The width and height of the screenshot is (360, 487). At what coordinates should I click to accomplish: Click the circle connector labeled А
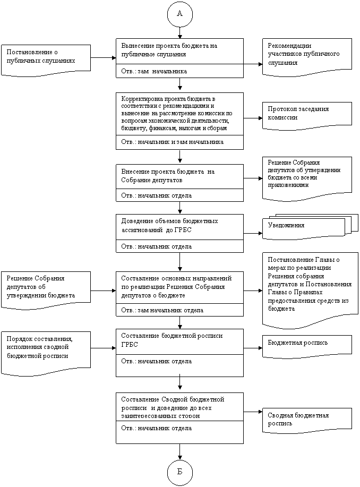pos(180,14)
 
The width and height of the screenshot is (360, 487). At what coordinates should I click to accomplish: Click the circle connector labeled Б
pos(180,472)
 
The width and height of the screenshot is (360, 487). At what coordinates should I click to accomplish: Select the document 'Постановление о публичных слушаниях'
pos(46,60)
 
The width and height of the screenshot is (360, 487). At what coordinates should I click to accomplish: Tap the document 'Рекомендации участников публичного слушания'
pos(307,57)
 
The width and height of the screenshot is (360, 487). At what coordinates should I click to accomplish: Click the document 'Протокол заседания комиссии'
pos(307,116)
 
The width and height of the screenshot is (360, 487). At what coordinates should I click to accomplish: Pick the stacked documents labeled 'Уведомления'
pos(310,227)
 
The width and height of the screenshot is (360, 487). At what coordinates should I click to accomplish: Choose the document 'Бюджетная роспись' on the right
pos(307,346)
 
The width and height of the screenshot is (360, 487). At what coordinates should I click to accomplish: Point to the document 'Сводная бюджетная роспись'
pos(307,421)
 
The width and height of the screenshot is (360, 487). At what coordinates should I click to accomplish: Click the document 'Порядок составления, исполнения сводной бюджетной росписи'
pos(46,353)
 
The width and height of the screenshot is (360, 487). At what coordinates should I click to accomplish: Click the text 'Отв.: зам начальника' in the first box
pos(154,72)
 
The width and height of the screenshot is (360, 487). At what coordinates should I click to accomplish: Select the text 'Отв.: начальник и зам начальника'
pos(173,142)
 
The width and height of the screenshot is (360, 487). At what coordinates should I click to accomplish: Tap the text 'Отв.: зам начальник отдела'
pos(162,310)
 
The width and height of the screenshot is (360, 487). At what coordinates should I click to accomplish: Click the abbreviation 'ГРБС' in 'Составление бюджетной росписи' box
pos(130,345)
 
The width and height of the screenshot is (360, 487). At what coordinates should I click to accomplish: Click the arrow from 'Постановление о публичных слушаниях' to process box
pos(104,57)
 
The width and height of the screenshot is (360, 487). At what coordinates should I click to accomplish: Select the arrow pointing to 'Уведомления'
pos(253,233)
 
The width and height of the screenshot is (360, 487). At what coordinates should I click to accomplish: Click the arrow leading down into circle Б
pos(180,451)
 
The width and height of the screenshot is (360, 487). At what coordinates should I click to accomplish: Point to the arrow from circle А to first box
pos(180,32)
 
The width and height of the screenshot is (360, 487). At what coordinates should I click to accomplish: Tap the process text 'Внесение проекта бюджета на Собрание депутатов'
pos(168,176)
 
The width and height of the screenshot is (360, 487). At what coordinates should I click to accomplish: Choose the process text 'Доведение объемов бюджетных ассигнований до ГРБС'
pos(169,226)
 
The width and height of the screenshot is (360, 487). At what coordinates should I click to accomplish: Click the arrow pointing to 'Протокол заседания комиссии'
pos(253,118)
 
